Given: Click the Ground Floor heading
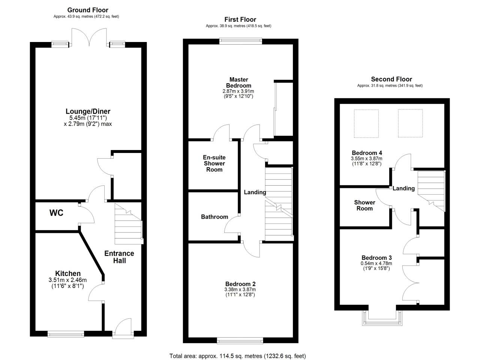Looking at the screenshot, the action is tap(88, 10).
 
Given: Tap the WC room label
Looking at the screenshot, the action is tap(56, 213).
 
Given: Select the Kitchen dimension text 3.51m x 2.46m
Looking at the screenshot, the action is tap(67, 280).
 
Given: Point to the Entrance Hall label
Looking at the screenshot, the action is tap(119, 257).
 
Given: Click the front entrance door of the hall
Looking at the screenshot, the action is tap(123, 328).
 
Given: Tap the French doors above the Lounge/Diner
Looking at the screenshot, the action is tap(89, 37).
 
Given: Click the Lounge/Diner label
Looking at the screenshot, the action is tap(88, 111).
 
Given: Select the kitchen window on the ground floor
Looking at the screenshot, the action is tap(66, 334).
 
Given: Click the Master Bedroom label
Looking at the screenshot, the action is tap(238, 82).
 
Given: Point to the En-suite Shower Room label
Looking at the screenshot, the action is tap(214, 163).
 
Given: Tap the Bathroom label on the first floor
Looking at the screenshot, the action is tap(214, 217).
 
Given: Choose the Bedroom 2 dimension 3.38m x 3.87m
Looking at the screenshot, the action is tap(240, 289).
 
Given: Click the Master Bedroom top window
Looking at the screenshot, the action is tap(240, 41).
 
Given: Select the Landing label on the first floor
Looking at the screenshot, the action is tap(255, 192).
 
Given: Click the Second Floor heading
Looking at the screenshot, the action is tap(391, 79).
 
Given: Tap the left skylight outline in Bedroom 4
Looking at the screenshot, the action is tap(366, 123).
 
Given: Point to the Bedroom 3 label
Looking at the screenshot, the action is tap(376, 258).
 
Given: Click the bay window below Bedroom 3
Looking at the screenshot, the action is tap(382, 318).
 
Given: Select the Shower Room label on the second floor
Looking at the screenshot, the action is tap(364, 205).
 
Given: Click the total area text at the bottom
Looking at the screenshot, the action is tap(238, 356).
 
